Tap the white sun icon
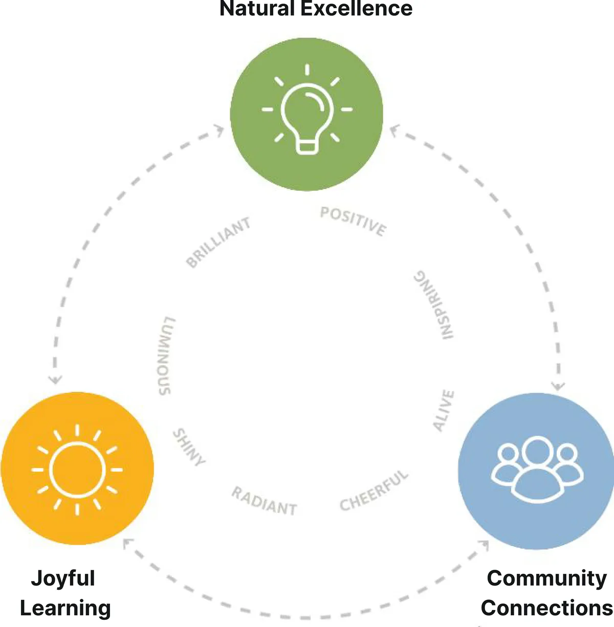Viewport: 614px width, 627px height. pyautogui.click(x=77, y=469)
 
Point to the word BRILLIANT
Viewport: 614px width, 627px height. pyautogui.click(x=218, y=242)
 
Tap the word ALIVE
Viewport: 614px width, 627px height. pyautogui.click(x=444, y=410)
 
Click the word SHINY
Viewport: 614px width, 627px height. pyautogui.click(x=189, y=447)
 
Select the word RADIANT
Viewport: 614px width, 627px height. pyautogui.click(x=264, y=501)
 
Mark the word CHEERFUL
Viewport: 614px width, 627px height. pyautogui.click(x=374, y=490)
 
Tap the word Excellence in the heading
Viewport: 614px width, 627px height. pyautogui.click(x=356, y=9)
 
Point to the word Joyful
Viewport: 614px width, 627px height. pyautogui.click(x=63, y=578)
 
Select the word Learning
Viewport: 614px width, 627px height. pyautogui.click(x=65, y=608)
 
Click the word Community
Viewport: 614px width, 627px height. pyautogui.click(x=546, y=578)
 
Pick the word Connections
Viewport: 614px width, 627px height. pyautogui.click(x=546, y=608)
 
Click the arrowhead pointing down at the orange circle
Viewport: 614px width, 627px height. pyautogui.click(x=55, y=379)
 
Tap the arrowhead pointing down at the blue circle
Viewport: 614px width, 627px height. pyautogui.click(x=558, y=386)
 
